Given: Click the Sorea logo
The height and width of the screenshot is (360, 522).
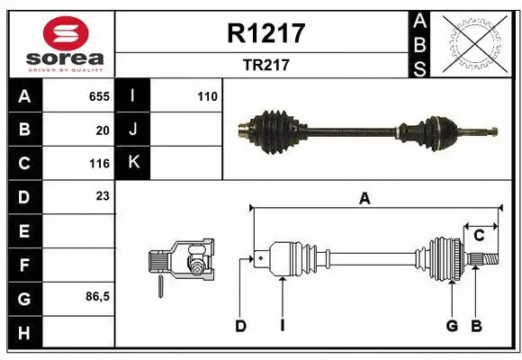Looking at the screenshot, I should click(x=60, y=43).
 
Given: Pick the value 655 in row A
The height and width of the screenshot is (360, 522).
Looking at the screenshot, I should click(x=99, y=95).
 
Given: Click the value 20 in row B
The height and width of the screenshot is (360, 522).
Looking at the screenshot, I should click(x=103, y=130).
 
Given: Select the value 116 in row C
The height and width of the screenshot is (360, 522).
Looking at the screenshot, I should click(x=99, y=164).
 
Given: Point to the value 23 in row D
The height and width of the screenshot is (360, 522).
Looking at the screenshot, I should click(x=103, y=195).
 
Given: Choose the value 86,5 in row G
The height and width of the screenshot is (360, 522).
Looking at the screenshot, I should click(x=97, y=296).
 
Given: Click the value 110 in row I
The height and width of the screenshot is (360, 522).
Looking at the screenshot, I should click(x=208, y=95).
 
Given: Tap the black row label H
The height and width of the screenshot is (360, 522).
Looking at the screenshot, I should click(x=23, y=332).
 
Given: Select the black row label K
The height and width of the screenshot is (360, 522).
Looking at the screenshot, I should click(x=133, y=163).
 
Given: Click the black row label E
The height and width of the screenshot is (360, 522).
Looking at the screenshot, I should click(x=23, y=231).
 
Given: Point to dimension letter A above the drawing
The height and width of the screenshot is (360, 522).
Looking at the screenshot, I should click(x=364, y=199).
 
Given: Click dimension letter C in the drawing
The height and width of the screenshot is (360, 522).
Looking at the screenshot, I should click(x=480, y=236).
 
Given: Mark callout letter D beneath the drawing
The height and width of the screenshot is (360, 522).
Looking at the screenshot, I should click(x=240, y=326).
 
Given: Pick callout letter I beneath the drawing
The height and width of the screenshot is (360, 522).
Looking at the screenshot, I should click(x=282, y=326).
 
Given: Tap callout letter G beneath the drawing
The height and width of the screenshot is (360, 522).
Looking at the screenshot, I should click(x=452, y=326).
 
